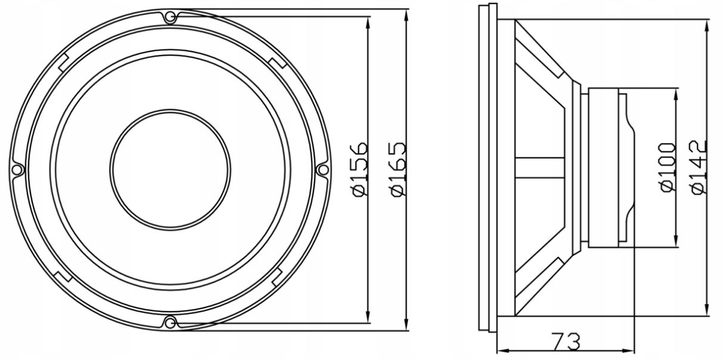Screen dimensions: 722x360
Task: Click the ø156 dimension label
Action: (x=360, y=169)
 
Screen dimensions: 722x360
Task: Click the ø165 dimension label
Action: (x=398, y=169)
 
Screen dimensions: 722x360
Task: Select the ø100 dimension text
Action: (x=668, y=167)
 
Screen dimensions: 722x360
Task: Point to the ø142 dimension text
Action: (x=699, y=167)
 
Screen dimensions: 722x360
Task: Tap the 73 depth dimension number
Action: (x=566, y=342)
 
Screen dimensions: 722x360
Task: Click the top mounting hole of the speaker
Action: (x=170, y=16)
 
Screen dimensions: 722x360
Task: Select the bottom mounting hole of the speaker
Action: (x=170, y=322)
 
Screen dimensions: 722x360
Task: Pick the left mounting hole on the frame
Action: (x=17, y=169)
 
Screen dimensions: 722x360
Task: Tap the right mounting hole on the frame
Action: (x=323, y=169)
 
